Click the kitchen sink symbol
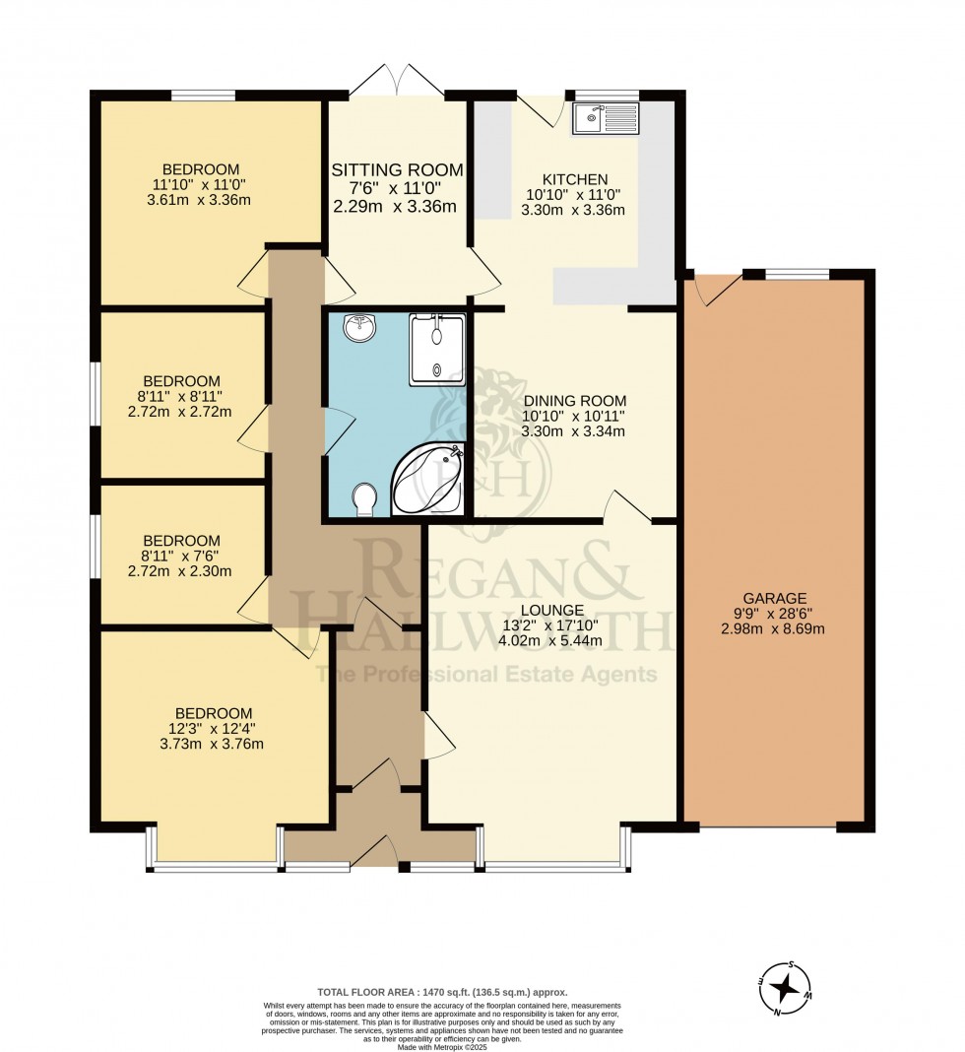point(605,117)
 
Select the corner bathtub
point(428,479)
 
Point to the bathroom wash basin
point(360,327)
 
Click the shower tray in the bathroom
point(436,350)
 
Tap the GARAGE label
point(775,598)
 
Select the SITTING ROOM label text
point(397,169)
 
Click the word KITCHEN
point(575,179)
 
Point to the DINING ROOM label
point(574,401)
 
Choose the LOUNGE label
point(552,610)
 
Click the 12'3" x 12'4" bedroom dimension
point(215,729)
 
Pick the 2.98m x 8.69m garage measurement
point(773,628)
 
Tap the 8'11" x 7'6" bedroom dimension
point(181,556)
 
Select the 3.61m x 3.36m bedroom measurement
point(199,199)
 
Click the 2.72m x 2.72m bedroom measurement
point(180,411)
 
